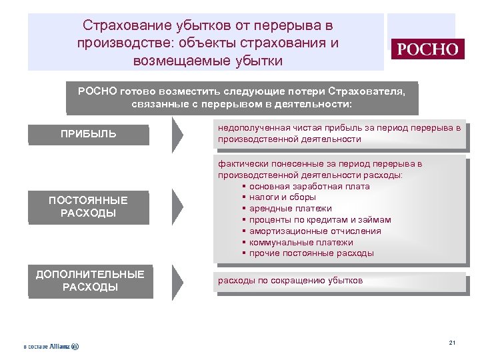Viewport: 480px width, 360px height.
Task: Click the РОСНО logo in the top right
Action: coord(427,49)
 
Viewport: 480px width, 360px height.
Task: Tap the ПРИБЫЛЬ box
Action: coord(89,134)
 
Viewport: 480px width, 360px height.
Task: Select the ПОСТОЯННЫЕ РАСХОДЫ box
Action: coord(89,207)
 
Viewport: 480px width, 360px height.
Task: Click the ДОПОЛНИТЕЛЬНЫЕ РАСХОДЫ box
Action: coord(90,281)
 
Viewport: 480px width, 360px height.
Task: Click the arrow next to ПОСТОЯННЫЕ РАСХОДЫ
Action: coord(177,207)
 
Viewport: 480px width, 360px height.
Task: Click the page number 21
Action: coord(452,343)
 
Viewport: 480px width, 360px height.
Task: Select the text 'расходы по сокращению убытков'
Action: coord(290,281)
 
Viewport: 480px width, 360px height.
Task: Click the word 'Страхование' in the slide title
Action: coord(124,26)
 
